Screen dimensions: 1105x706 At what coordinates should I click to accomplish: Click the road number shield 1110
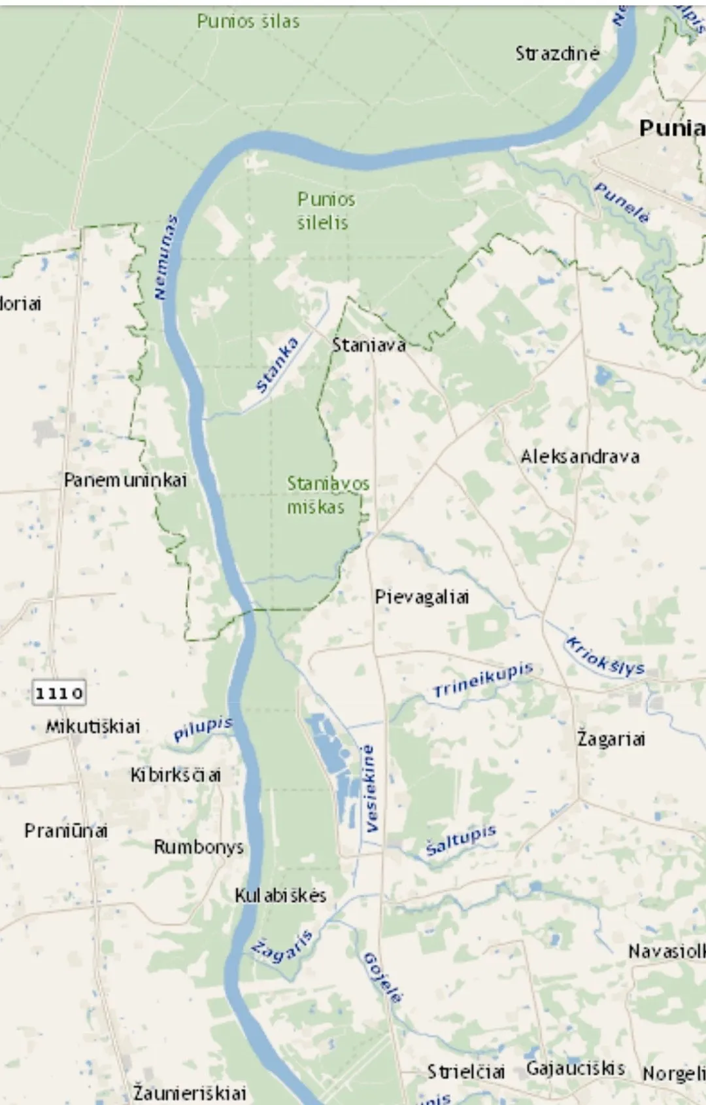tap(59, 693)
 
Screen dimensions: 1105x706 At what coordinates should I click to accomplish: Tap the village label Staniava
tap(369, 345)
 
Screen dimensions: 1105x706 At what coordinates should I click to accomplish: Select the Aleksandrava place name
tap(580, 457)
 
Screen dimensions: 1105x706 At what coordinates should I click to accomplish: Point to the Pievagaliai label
tap(422, 597)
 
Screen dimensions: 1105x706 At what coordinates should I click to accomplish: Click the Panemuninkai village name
tap(126, 480)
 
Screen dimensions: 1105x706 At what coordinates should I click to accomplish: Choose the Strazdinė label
tap(557, 53)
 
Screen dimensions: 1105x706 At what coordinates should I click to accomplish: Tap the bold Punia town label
tap(671, 128)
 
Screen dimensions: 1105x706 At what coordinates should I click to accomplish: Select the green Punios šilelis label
tap(326, 211)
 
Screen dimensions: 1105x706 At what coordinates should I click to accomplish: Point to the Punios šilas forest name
tap(248, 22)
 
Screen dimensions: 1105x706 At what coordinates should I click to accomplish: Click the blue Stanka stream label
tap(277, 365)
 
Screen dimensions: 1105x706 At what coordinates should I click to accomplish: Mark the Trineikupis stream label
tap(483, 680)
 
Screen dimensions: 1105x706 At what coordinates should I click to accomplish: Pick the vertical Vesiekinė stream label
tap(370, 788)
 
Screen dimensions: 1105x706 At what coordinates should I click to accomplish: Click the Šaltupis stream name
tap(461, 840)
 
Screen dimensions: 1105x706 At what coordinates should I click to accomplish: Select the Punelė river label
tap(622, 203)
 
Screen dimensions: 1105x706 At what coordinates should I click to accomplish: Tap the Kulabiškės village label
tap(280, 895)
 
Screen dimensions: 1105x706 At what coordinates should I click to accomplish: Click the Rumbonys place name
tap(199, 847)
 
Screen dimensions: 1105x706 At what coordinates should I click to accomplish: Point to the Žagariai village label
tap(611, 739)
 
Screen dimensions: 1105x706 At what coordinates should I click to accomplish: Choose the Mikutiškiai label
tap(93, 726)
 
